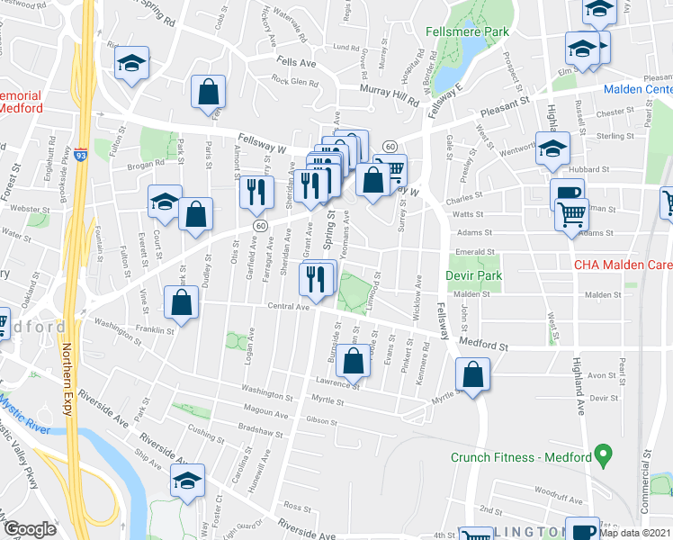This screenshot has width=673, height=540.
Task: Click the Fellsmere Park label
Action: click(469, 31)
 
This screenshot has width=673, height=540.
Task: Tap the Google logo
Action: click(30, 529)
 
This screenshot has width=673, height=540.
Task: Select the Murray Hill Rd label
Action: click(390, 94)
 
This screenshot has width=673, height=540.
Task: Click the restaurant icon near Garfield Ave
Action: click(255, 190)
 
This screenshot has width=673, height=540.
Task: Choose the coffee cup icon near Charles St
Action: click(567, 193)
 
